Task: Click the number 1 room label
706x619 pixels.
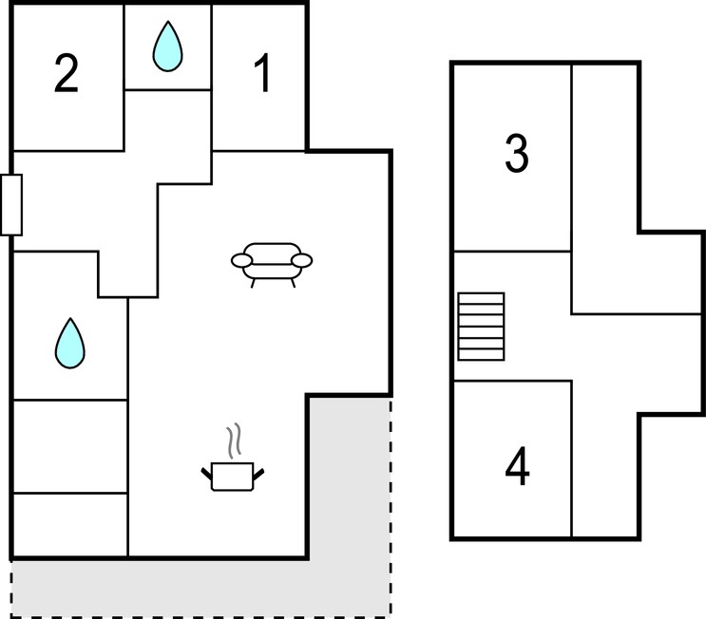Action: coord(262,73)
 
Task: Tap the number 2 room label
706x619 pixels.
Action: coord(67,74)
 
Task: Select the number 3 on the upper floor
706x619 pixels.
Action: coord(517,154)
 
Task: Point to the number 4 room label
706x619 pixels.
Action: coord(517,466)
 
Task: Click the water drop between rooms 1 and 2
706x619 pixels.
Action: coord(167,47)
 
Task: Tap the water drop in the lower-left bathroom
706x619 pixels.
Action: coord(69,345)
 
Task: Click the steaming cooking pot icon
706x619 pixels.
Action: coord(233,458)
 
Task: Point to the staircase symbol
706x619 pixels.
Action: coord(481,327)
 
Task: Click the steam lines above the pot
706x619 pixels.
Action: coord(234,441)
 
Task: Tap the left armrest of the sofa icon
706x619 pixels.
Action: coord(241,260)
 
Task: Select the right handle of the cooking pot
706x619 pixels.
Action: coord(258,474)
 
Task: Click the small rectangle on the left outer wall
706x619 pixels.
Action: coord(11,205)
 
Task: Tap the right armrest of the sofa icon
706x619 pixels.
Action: coord(301,260)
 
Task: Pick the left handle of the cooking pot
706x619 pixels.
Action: coord(206,474)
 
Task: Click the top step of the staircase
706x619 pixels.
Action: coord(481,299)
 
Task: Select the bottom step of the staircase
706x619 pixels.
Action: coord(481,354)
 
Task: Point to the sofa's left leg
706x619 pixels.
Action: coord(253,284)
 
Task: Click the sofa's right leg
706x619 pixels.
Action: coord(293,284)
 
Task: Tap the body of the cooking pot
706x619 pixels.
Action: coord(233,477)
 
